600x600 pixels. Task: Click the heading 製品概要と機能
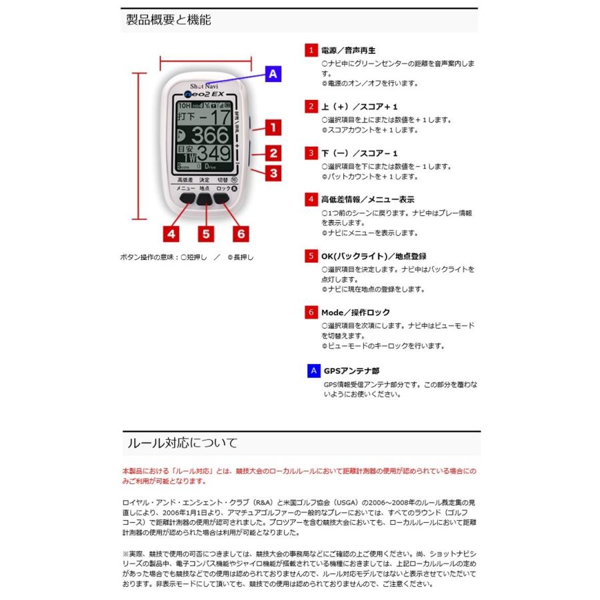coord(169,19)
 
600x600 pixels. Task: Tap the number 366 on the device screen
coord(210,136)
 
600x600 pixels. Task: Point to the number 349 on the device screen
coord(213,154)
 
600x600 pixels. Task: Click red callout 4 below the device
coord(171,233)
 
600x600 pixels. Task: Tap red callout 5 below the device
coord(206,233)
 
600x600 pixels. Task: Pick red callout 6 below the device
coord(241,233)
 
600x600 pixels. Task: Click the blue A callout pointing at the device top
coord(272,74)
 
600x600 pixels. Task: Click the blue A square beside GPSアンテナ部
coord(313,371)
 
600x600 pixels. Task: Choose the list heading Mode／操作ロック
coord(355,312)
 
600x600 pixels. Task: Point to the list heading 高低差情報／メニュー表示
coord(367,199)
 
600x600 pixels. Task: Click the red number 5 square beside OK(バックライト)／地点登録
coord(311,256)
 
